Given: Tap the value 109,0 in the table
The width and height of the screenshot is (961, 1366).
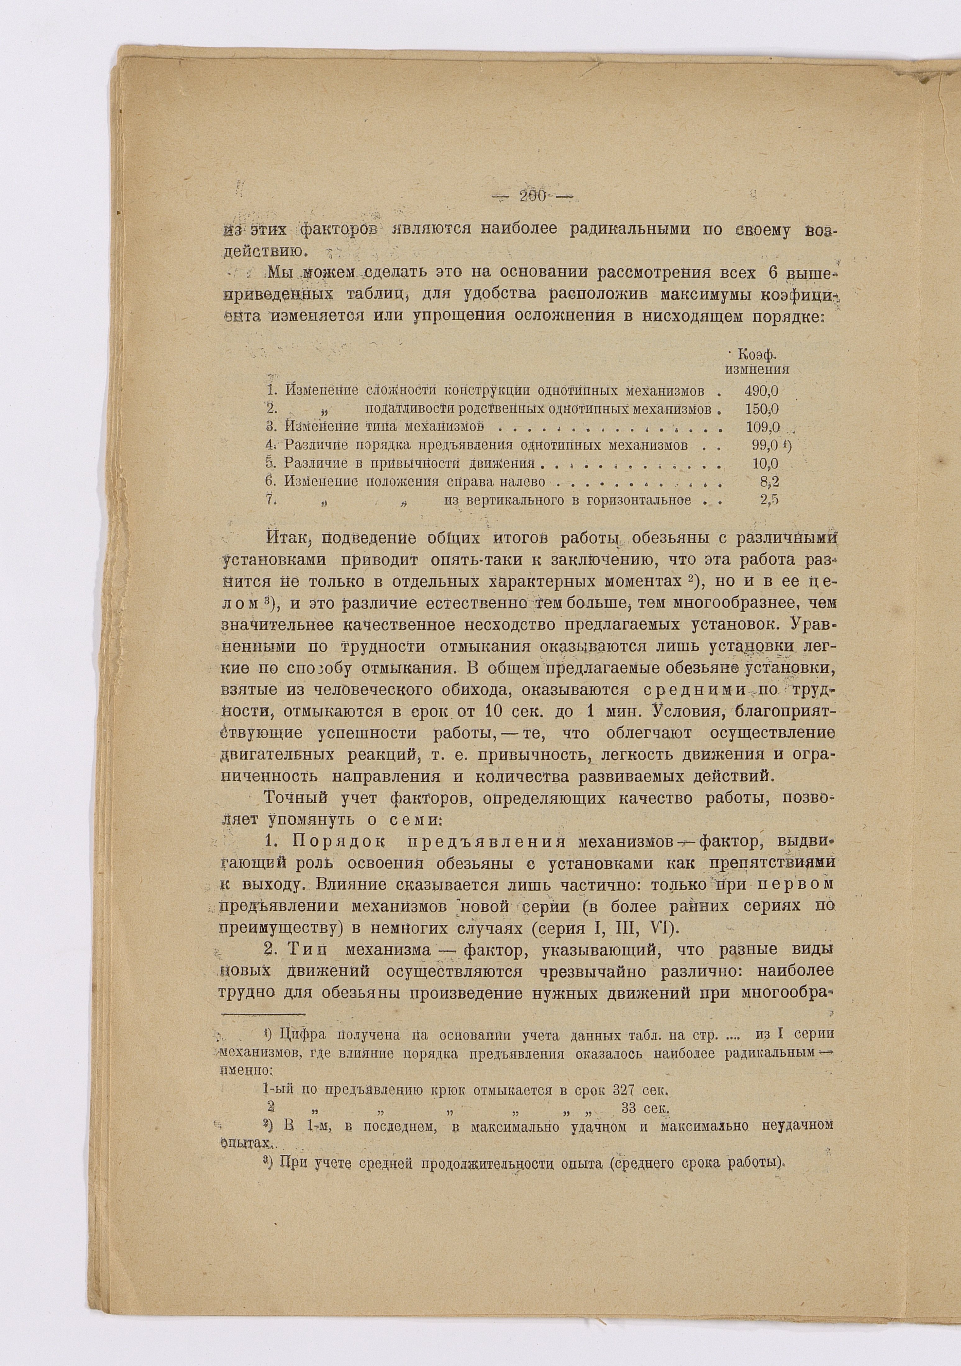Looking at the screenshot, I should pos(763,427).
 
